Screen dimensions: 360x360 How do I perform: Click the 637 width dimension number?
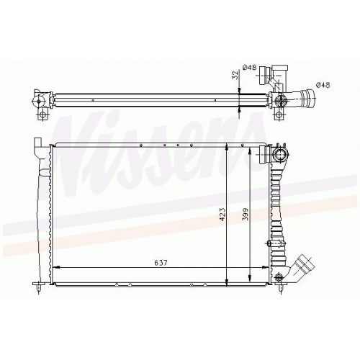(x=161, y=263)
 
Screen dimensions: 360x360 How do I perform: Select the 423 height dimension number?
(x=222, y=214)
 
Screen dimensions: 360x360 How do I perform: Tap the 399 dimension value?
(x=246, y=214)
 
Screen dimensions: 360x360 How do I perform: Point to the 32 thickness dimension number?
(x=235, y=75)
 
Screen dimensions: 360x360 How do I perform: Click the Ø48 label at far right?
(x=323, y=85)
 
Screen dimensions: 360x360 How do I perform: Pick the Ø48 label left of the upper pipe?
(x=250, y=68)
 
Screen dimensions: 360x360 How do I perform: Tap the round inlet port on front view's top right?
(x=279, y=155)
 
